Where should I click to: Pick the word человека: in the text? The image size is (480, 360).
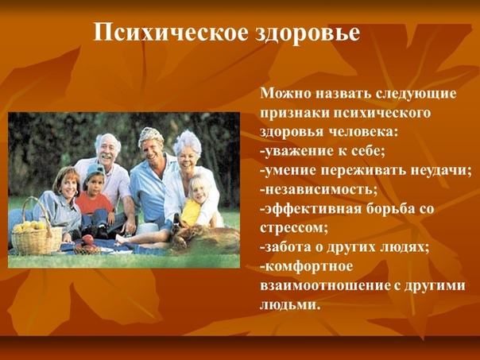364,132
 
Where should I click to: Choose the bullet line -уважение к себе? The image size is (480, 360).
323,152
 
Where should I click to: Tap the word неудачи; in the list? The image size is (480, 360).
440,171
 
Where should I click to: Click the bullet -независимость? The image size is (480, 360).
319,190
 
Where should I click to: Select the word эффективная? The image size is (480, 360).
310,209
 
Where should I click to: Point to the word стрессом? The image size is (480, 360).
294,229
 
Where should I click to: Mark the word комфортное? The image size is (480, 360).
307,267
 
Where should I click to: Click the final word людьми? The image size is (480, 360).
288,305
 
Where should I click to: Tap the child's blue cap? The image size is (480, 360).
95,171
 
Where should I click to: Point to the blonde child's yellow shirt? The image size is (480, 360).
191,212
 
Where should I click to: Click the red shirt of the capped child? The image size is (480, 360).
94,203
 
